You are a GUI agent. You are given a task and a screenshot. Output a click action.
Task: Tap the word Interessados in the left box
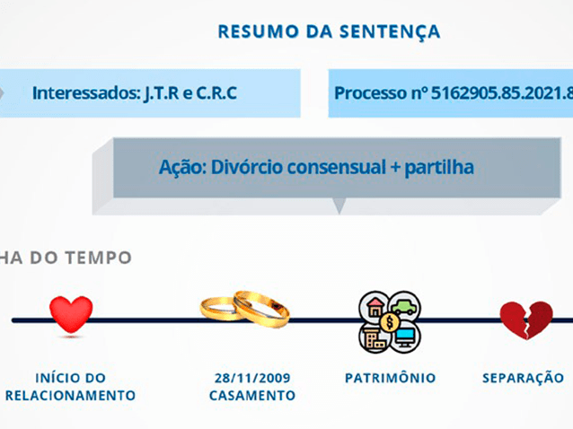click(x=81, y=92)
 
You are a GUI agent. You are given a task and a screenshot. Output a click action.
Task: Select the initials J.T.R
click(x=158, y=92)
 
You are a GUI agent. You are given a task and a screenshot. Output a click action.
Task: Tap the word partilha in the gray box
click(x=442, y=167)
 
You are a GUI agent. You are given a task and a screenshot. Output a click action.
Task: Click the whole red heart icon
click(x=71, y=315)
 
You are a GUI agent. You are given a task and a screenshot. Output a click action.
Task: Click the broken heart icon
click(x=525, y=319)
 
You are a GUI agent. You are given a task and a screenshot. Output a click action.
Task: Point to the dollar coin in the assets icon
click(x=391, y=320)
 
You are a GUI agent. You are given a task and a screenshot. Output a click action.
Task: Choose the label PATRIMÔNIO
click(x=391, y=378)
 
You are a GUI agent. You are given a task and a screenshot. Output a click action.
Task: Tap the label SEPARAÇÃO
click(x=523, y=378)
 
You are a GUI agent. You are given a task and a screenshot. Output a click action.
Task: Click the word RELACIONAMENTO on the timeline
click(x=71, y=395)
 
